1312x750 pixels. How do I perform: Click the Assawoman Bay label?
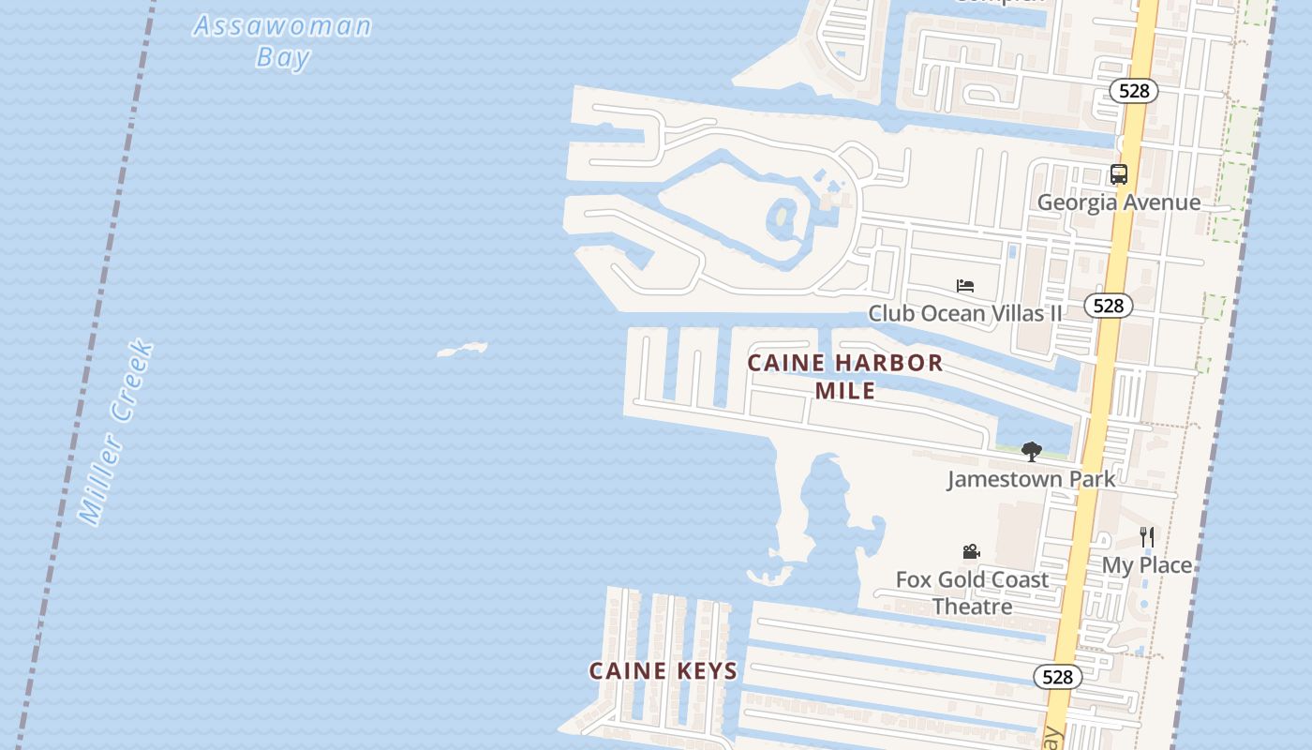pyautogui.click(x=282, y=40)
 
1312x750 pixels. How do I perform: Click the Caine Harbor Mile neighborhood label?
pyautogui.click(x=845, y=376)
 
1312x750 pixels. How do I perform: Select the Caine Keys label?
pyautogui.click(x=663, y=670)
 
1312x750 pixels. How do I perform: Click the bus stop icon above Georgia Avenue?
pyautogui.click(x=1118, y=174)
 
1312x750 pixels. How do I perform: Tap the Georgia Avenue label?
pyautogui.click(x=1118, y=202)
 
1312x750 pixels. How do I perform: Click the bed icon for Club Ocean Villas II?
pyautogui.click(x=965, y=286)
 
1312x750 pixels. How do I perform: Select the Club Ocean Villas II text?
pyautogui.click(x=965, y=313)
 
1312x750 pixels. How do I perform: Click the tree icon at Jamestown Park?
pyautogui.click(x=1031, y=452)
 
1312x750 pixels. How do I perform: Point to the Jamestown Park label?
pyautogui.click(x=1031, y=479)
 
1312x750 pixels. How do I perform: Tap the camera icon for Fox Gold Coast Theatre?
pyautogui.click(x=971, y=552)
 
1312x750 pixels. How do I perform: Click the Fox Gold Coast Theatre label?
pyautogui.click(x=972, y=592)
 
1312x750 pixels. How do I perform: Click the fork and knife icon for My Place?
pyautogui.click(x=1146, y=537)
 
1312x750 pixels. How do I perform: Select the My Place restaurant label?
pyautogui.click(x=1146, y=565)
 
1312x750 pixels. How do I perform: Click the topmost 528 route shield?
pyautogui.click(x=1134, y=91)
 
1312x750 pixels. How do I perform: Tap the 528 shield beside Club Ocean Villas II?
pyautogui.click(x=1108, y=306)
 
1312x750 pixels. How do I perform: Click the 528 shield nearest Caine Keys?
pyautogui.click(x=1058, y=677)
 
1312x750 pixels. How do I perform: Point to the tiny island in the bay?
pyautogui.click(x=462, y=351)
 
